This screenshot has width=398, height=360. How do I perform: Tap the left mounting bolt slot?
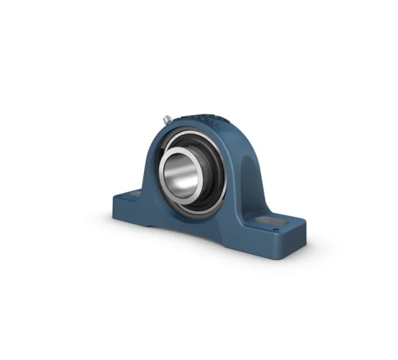[x=132, y=194]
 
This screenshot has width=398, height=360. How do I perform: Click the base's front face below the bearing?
[x=197, y=227]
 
